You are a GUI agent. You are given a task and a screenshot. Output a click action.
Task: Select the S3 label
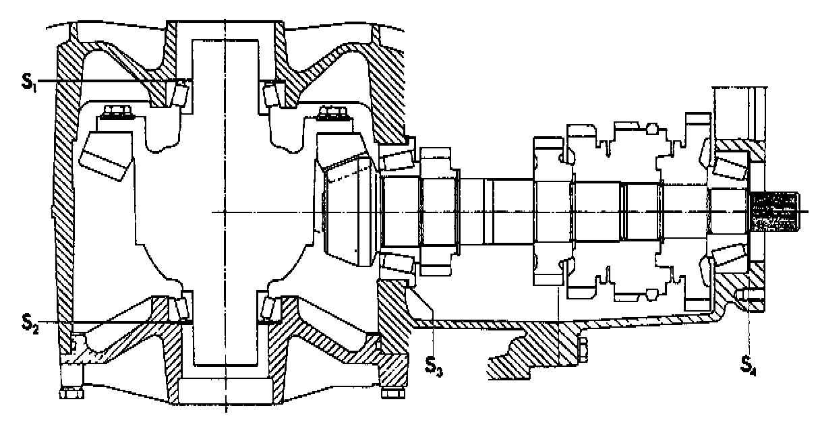tap(434, 365)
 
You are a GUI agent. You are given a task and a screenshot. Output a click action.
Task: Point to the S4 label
tap(748, 365)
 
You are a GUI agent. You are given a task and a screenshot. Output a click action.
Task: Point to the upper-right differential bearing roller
tap(272, 92)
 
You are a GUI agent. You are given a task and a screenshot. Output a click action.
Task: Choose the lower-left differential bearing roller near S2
tap(180, 308)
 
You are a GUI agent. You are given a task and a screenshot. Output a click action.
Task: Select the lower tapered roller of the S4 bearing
tap(728, 257)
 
